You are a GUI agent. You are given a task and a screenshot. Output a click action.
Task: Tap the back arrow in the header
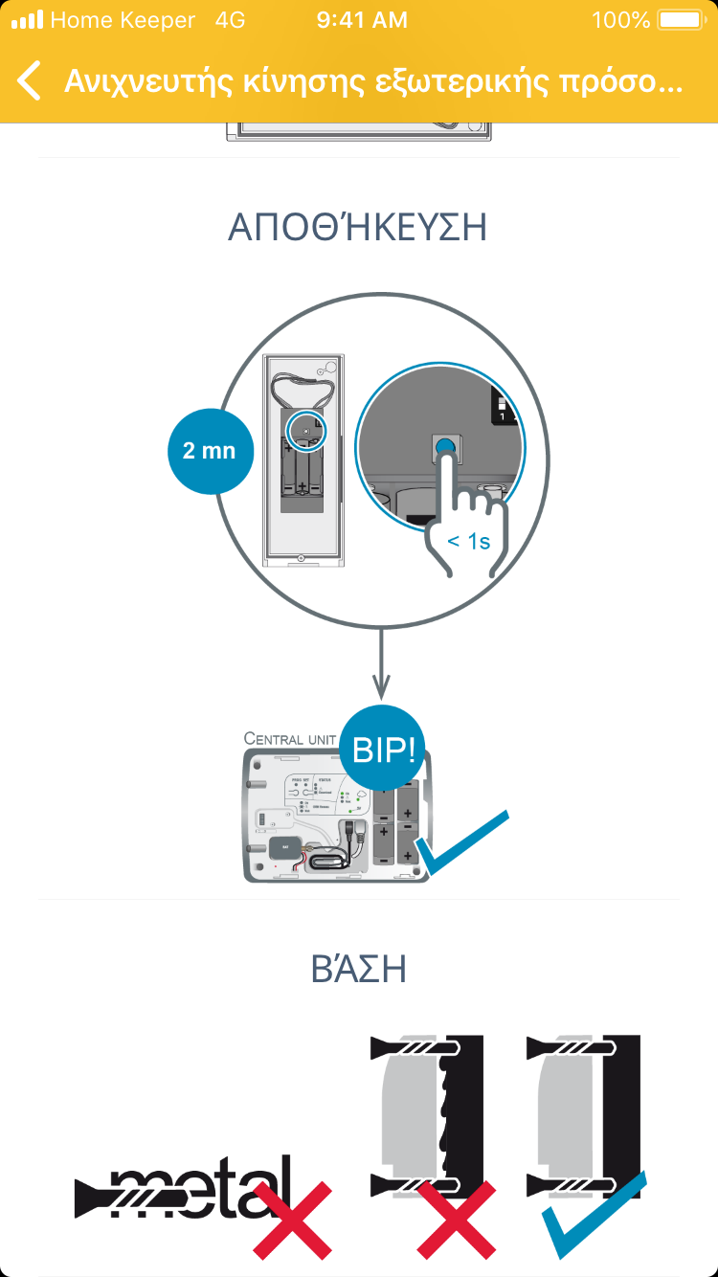[x=30, y=80]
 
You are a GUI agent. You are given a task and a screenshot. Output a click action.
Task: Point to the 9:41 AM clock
[x=361, y=20]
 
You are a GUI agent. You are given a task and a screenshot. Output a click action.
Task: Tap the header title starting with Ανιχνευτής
[x=373, y=81]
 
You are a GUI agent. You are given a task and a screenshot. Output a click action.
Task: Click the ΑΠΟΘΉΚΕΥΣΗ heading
[x=358, y=228]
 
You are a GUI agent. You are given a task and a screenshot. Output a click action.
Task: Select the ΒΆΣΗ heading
[x=358, y=969]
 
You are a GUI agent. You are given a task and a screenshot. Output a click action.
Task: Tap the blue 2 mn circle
[x=210, y=450]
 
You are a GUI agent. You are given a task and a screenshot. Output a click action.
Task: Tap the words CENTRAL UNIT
[x=290, y=739]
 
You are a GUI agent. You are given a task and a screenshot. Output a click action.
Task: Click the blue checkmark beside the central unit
[x=461, y=842]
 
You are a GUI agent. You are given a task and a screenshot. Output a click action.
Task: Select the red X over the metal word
[x=293, y=1220]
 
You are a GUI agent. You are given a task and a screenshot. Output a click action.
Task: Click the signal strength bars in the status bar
[x=27, y=20]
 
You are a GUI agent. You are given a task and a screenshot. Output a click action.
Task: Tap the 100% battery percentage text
[x=620, y=20]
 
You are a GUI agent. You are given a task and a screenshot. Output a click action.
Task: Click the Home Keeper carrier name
[x=122, y=20]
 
